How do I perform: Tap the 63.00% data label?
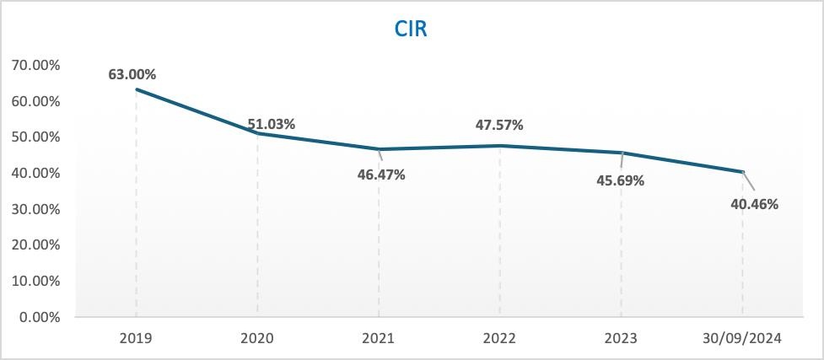pos(132,74)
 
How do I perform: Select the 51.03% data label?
pos(271,124)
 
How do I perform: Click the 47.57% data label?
pos(499,126)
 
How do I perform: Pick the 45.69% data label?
pos(621,181)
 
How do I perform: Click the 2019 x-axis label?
pos(136,339)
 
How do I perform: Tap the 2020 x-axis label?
pos(257,339)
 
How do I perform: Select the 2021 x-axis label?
pos(379,339)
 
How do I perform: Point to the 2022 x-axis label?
pos(500,339)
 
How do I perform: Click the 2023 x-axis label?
pos(622,339)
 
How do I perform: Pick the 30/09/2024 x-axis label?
pos(743,339)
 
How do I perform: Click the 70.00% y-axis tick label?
pos(35,65)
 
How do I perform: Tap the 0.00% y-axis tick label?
pos(39,317)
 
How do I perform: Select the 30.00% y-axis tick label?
pos(35,209)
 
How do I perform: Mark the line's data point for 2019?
pos(137,89)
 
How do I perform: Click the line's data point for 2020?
pos(258,133)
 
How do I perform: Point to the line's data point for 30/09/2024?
pos(743,172)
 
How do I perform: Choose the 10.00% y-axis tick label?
pos(35,281)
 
